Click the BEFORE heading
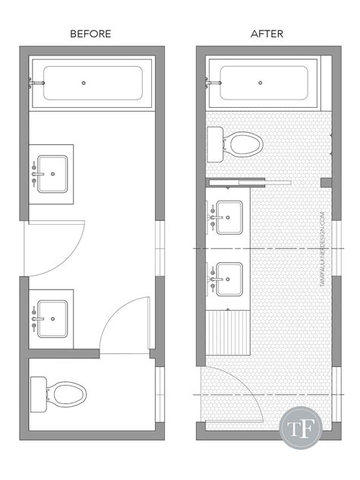90,34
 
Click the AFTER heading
267,34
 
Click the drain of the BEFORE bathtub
84,83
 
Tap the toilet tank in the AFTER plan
213,144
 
